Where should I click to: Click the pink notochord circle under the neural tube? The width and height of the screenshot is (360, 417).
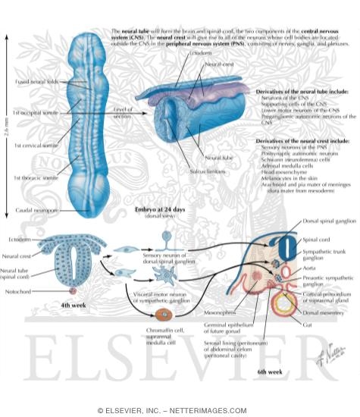(x=74, y=290)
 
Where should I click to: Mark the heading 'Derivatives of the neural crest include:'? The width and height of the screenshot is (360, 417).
(x=301, y=141)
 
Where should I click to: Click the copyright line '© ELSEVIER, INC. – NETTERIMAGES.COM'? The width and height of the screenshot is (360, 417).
(x=180, y=410)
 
